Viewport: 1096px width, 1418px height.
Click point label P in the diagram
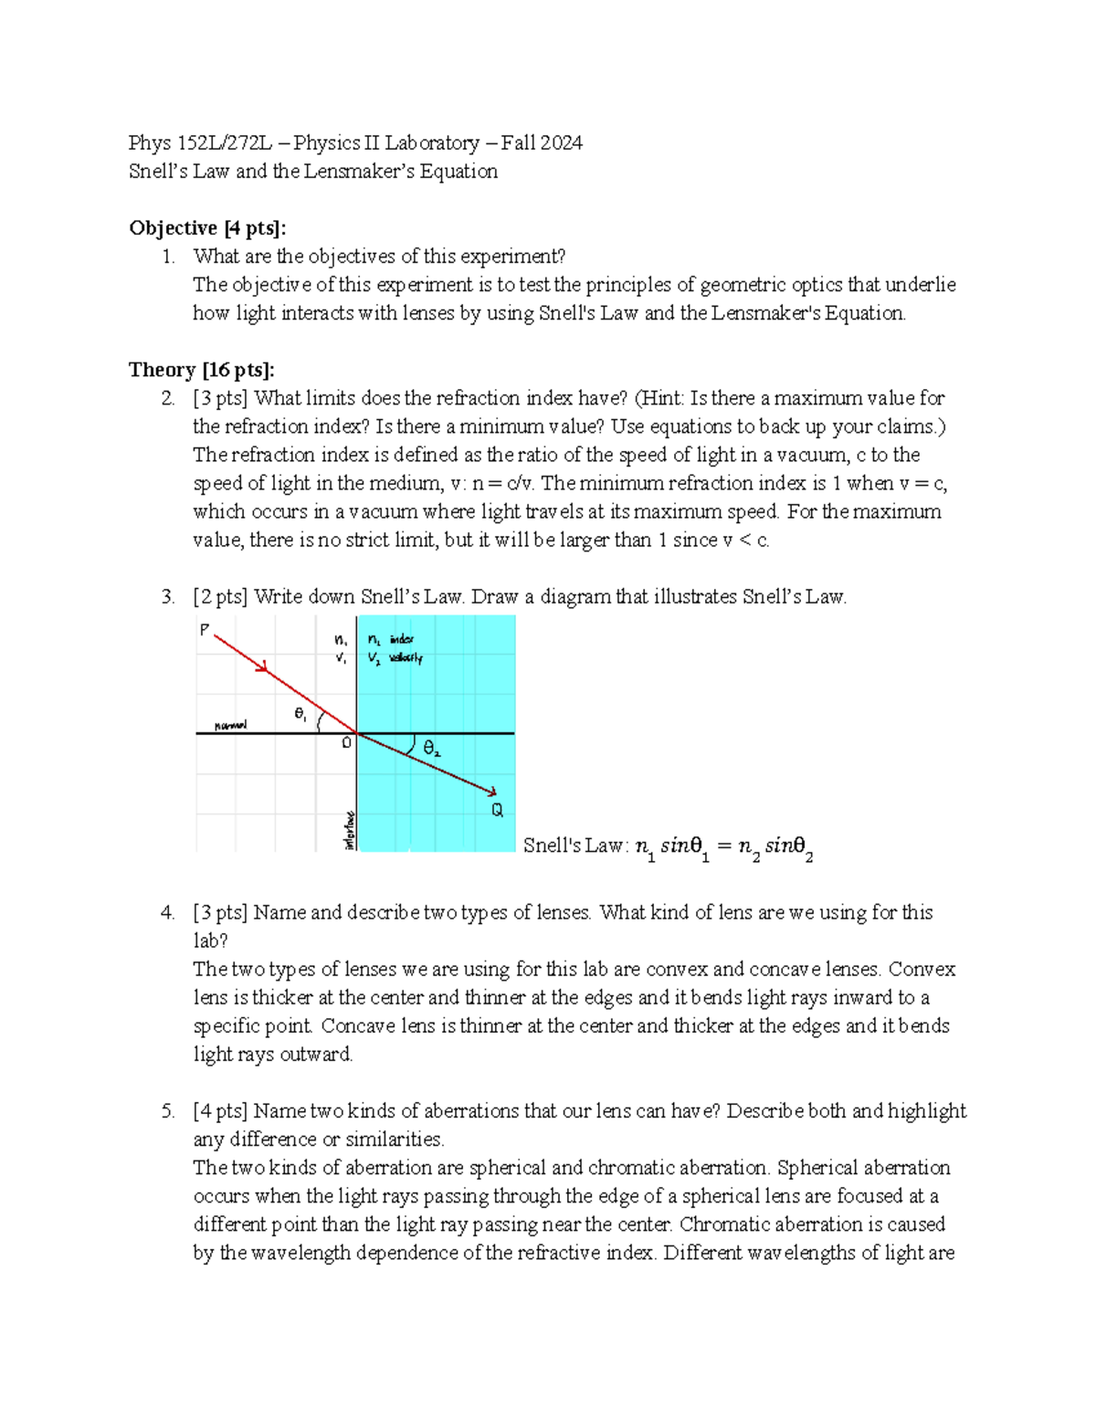205,629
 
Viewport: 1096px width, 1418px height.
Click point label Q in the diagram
497,810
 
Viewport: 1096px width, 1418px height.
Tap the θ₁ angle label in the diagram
300,714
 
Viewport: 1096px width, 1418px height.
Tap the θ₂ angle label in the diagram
432,749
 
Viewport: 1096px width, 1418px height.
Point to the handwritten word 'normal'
230,726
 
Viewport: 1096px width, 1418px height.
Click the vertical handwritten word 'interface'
349,830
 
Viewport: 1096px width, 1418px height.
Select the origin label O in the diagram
346,743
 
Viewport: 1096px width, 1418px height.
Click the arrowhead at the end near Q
491,793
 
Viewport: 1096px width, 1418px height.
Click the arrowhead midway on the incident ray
262,667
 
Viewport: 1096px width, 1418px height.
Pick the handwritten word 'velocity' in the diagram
406,657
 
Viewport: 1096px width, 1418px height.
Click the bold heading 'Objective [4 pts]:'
207,228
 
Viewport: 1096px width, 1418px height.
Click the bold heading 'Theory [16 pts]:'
201,370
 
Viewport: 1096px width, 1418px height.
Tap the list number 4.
167,912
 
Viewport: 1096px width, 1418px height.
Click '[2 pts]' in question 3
220,597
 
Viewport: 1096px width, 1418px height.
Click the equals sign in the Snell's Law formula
723,846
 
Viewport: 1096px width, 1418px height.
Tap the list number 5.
167,1111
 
